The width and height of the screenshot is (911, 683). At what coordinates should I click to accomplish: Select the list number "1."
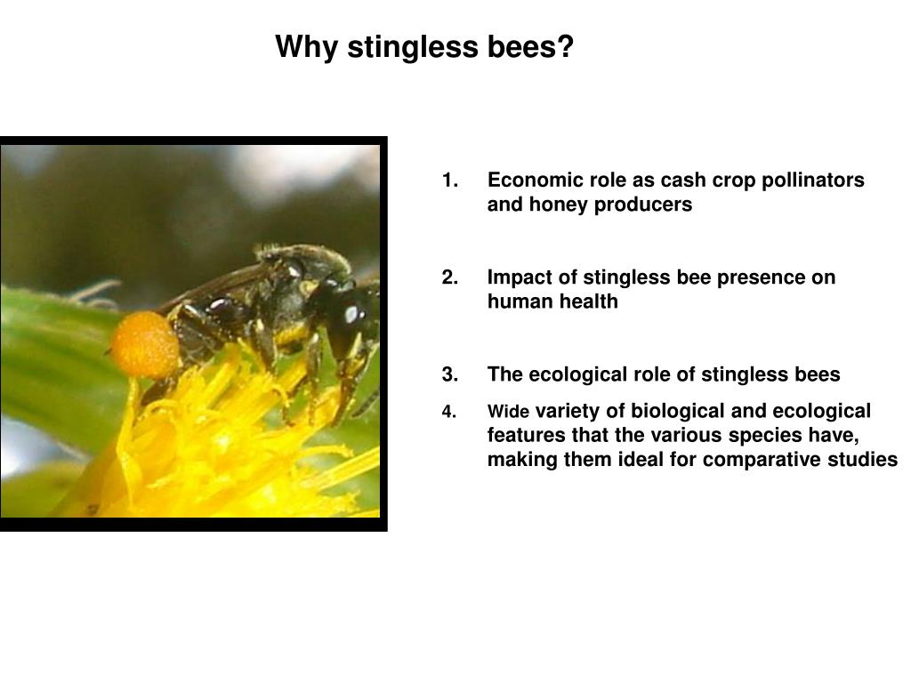(450, 181)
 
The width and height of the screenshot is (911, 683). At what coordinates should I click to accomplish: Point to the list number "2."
(450, 277)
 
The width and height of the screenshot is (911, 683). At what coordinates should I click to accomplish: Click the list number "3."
(450, 374)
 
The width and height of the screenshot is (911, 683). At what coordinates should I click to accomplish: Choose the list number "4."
(449, 412)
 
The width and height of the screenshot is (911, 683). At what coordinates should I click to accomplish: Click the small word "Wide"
(508, 412)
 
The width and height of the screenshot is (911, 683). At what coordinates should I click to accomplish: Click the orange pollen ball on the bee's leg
(145, 344)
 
